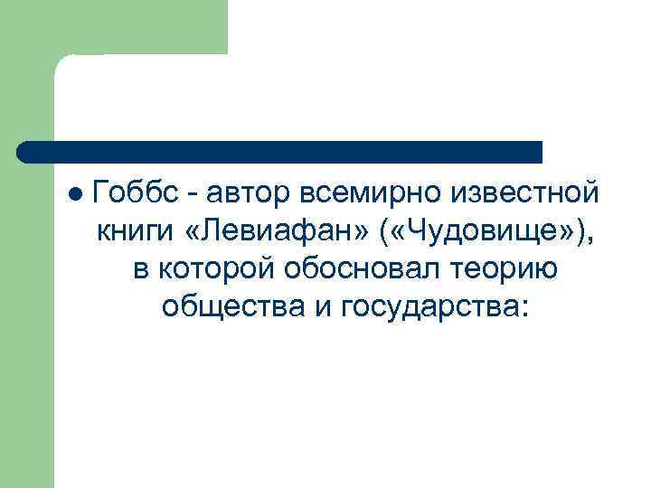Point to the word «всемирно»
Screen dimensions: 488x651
click(x=379, y=193)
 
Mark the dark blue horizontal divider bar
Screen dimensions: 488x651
click(x=280, y=152)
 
